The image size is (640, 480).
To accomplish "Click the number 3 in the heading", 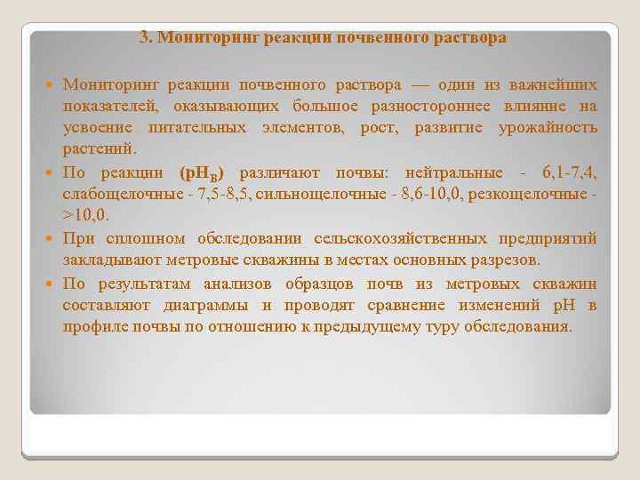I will tap(144, 38).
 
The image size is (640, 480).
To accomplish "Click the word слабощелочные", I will tap(114, 194).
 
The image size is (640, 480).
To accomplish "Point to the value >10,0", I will tap(85, 215).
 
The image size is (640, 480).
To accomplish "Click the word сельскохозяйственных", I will tap(398, 239).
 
